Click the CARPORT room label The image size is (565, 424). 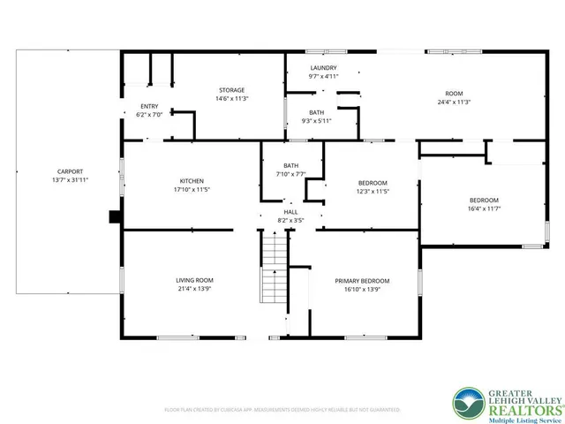pyautogui.click(x=71, y=171)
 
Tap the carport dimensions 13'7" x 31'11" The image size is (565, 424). pyautogui.click(x=71, y=180)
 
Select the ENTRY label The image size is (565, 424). pyautogui.click(x=148, y=106)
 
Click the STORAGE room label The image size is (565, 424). pyautogui.click(x=232, y=89)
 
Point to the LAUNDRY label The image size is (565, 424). pyautogui.click(x=324, y=68)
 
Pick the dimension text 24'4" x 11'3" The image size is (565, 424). pyautogui.click(x=454, y=102)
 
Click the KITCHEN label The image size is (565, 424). pyautogui.click(x=191, y=180)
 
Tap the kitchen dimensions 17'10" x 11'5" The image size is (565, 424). pyautogui.click(x=191, y=189)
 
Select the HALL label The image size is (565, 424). pyautogui.click(x=290, y=211)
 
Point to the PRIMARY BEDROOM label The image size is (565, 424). pyautogui.click(x=362, y=280)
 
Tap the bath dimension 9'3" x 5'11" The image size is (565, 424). pyautogui.click(x=316, y=121)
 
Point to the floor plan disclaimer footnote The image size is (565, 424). pyautogui.click(x=282, y=411)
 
